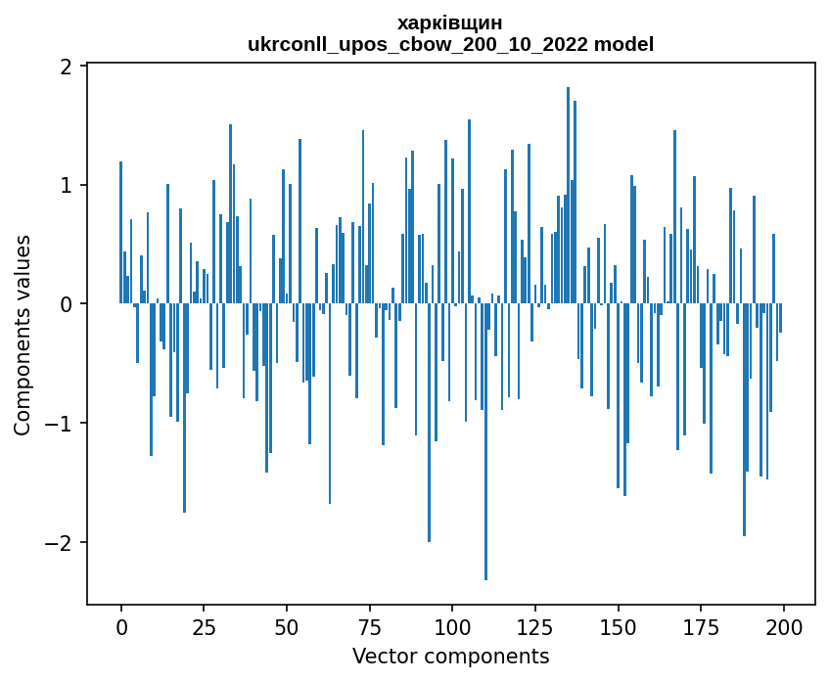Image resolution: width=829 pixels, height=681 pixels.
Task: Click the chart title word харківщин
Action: pos(450,23)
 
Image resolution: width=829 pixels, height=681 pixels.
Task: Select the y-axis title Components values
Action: pos(22,335)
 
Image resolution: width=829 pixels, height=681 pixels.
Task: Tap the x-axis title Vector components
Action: pos(450,656)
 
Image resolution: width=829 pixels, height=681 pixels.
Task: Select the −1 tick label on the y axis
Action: pos(62,424)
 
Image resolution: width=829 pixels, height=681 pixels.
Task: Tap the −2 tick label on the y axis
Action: pos(62,542)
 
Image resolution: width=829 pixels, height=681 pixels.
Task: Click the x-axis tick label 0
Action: pos(121,627)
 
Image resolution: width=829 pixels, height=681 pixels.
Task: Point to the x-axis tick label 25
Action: pos(204,627)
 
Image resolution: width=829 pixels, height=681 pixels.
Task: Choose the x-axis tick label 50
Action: pos(287,627)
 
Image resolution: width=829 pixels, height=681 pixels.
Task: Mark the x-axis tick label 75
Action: pos(369,627)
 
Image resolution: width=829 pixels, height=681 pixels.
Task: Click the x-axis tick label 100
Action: pos(452,627)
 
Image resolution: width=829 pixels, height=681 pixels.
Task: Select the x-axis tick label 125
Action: pos(534,627)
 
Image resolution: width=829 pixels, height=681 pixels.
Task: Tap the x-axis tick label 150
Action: pos(618,627)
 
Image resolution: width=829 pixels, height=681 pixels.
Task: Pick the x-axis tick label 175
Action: pos(700,627)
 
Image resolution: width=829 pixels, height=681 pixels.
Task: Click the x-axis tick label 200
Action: pos(783,627)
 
